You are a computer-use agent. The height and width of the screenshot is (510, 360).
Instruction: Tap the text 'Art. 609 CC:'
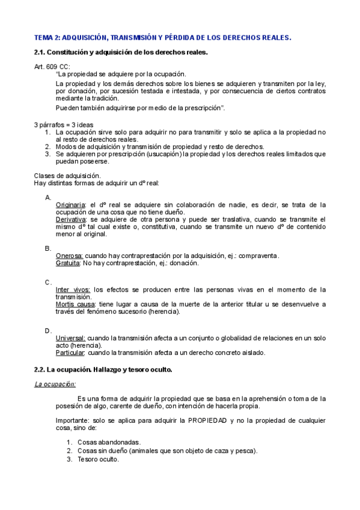click(x=52, y=66)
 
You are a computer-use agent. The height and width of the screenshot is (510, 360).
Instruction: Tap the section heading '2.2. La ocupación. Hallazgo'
click(x=103, y=369)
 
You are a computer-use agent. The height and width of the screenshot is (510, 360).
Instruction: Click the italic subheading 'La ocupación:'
click(x=55, y=384)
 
